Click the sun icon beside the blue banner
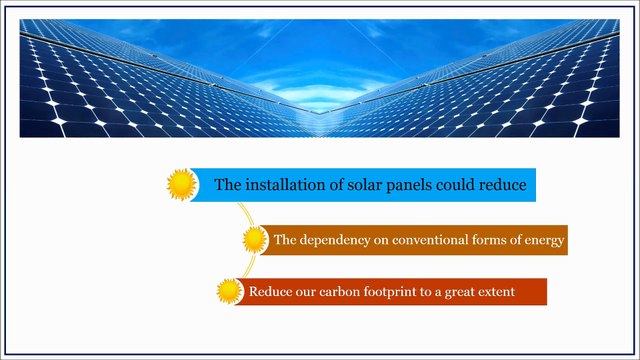(x=181, y=184)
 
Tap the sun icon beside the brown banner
(x=256, y=240)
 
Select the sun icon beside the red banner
(x=230, y=292)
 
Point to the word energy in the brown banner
(x=545, y=241)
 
